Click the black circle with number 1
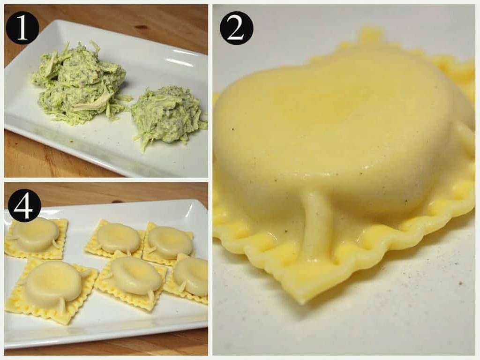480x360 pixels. (22, 27)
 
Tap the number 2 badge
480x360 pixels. (236, 28)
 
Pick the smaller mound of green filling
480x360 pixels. (166, 115)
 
